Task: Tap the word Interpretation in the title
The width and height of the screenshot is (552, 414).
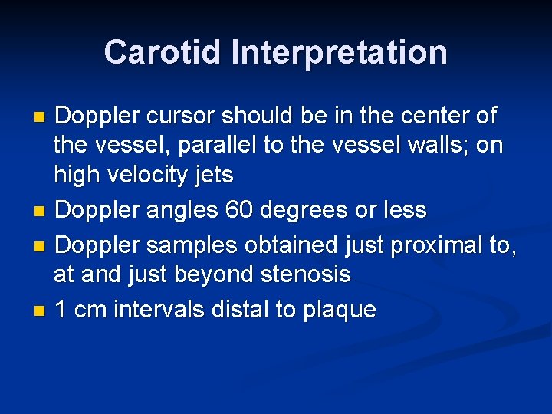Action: pos(340,52)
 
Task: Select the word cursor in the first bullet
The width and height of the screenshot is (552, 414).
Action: pos(178,117)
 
